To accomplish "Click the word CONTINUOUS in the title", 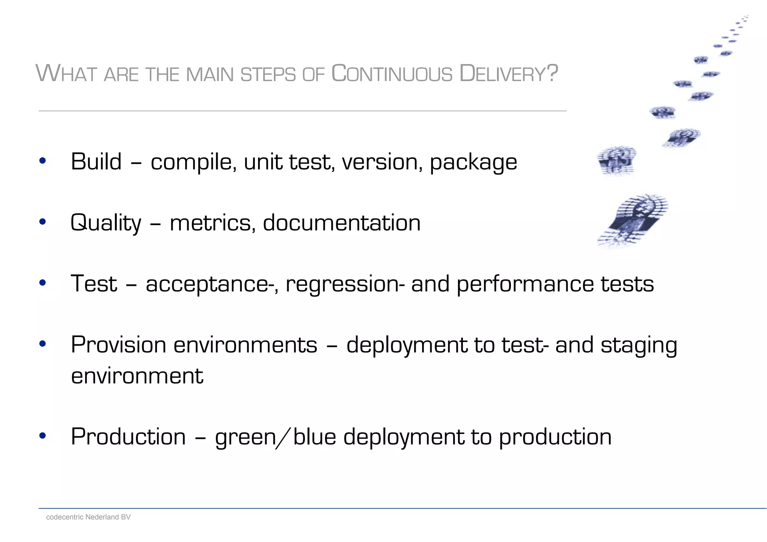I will coord(392,73).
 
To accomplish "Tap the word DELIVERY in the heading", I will coord(503,73).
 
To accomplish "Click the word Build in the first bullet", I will coord(96,162).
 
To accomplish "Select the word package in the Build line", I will coord(473,163).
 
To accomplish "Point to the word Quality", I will coord(106,223).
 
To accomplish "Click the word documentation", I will coord(342,223).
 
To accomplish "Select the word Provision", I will coord(118,345).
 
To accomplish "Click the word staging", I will coord(639,345).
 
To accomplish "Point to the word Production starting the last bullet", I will coord(128,437).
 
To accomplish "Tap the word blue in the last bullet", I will coord(315,437).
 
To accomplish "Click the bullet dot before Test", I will coord(42,283).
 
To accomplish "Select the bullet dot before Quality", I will coord(42,222).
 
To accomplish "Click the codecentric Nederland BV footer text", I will coord(88,517).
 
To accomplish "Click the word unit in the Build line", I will coord(263,162).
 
